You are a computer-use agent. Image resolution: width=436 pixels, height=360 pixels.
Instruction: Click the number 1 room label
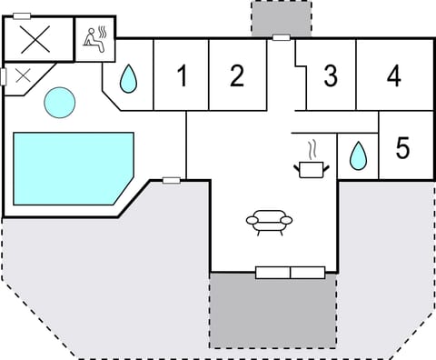click(182, 76)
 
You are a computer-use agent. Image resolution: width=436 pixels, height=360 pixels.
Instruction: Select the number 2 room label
click(237, 75)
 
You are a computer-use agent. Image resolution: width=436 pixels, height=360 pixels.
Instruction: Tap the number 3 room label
click(331, 75)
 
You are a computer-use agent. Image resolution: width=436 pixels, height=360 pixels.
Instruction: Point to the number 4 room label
click(393, 75)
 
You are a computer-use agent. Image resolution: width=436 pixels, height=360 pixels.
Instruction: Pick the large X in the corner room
click(36, 40)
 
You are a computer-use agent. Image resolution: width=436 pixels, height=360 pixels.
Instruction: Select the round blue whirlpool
click(60, 102)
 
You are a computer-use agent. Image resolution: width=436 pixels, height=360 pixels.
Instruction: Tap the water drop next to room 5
click(358, 156)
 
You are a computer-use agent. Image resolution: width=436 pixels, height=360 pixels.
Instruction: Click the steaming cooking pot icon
click(311, 161)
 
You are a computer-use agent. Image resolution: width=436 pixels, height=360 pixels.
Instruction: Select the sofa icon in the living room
click(270, 221)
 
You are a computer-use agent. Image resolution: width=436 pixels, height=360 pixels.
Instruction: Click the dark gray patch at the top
click(281, 17)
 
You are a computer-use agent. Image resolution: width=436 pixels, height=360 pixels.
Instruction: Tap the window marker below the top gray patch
click(282, 38)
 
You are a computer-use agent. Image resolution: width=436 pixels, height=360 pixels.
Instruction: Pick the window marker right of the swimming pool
click(171, 180)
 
